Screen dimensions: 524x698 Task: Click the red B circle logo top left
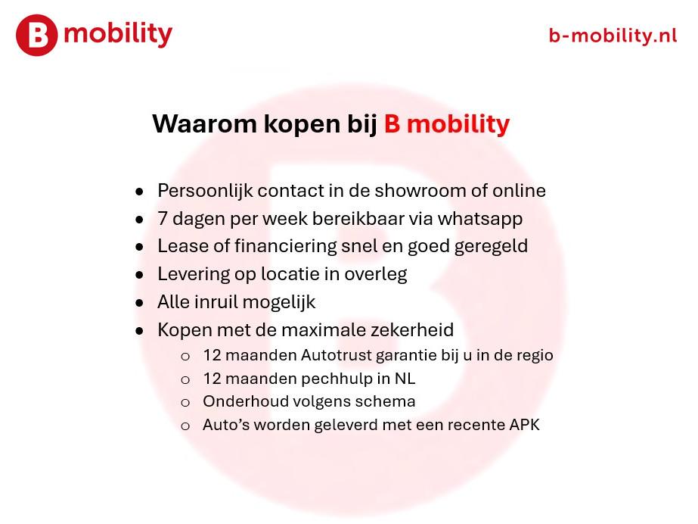[36, 36]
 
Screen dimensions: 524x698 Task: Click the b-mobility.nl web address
[613, 35]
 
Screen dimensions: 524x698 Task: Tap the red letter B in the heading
[392, 123]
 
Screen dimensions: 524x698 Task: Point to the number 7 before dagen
[163, 219]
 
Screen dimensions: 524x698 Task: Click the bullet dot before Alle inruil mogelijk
[139, 303]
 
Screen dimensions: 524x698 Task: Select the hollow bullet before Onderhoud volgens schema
[185, 403]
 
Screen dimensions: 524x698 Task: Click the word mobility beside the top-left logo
[118, 34]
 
